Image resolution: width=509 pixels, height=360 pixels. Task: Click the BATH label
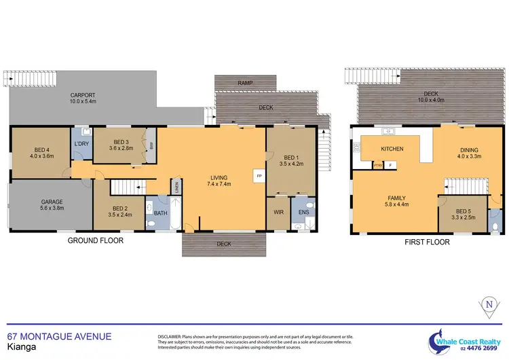click(x=159, y=213)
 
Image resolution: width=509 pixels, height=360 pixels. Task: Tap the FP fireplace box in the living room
click(x=258, y=175)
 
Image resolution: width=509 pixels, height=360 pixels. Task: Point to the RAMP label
click(x=244, y=83)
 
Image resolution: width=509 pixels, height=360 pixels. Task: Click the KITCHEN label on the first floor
click(x=392, y=148)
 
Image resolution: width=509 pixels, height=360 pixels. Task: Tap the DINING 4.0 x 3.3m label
click(x=468, y=154)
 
